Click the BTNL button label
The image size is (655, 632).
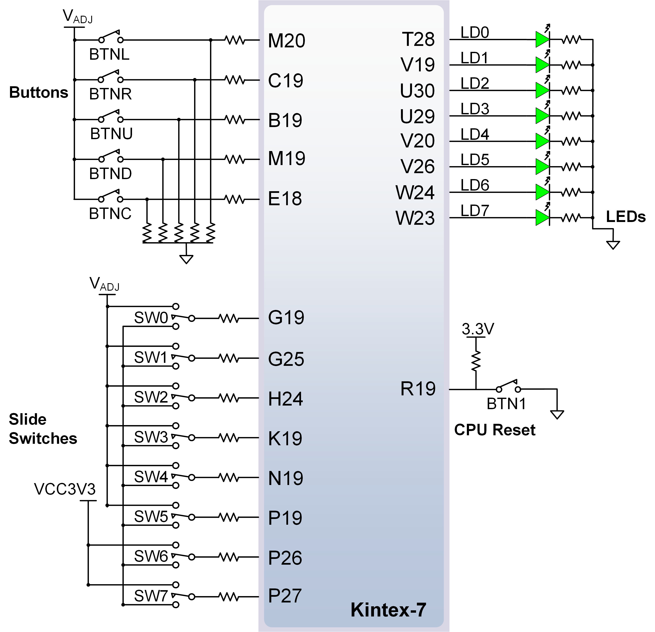[109, 54]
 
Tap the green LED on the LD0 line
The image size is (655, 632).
[542, 39]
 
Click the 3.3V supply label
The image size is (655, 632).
[478, 329]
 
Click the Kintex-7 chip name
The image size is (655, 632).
[388, 610]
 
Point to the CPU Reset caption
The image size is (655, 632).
[494, 430]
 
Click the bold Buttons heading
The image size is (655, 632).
[39, 92]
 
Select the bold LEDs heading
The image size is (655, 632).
[626, 217]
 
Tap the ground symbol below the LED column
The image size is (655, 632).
[613, 245]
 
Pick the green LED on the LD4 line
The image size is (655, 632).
[542, 141]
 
